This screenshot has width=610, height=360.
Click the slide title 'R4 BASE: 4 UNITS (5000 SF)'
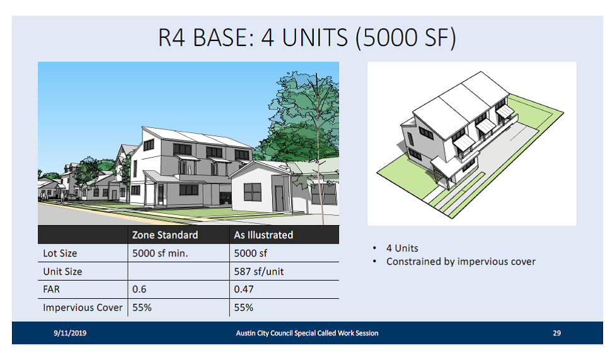pyautogui.click(x=306, y=38)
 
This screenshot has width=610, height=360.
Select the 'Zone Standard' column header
pyautogui.click(x=165, y=235)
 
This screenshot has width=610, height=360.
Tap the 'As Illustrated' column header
pyautogui.click(x=263, y=235)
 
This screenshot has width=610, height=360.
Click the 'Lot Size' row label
pyautogui.click(x=60, y=253)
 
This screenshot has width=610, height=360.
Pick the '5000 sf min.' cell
pyautogui.click(x=160, y=253)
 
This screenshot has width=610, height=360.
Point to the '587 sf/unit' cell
pyautogui.click(x=259, y=272)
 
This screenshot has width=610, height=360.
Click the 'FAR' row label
pyautogui.click(x=51, y=289)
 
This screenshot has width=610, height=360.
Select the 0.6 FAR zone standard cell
pyautogui.click(x=139, y=289)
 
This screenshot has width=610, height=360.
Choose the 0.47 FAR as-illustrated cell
pyautogui.click(x=243, y=289)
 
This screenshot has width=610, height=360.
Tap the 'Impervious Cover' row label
pyautogui.click(x=83, y=308)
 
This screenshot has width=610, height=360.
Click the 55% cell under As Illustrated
pyautogui.click(x=243, y=308)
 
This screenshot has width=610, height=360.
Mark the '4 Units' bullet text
pyautogui.click(x=402, y=248)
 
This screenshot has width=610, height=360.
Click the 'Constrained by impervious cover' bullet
pyautogui.click(x=461, y=262)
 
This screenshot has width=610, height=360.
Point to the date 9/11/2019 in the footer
pyautogui.click(x=70, y=333)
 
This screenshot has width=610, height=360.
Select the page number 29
pyautogui.click(x=556, y=333)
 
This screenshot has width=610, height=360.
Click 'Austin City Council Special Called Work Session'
pyautogui.click(x=307, y=333)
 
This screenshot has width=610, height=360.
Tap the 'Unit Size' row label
pyautogui.click(x=62, y=272)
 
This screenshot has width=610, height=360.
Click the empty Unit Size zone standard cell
pyautogui.click(x=178, y=271)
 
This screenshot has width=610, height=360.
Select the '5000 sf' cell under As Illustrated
pyautogui.click(x=251, y=253)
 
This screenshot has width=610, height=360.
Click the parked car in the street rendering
pyautogui.click(x=225, y=198)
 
